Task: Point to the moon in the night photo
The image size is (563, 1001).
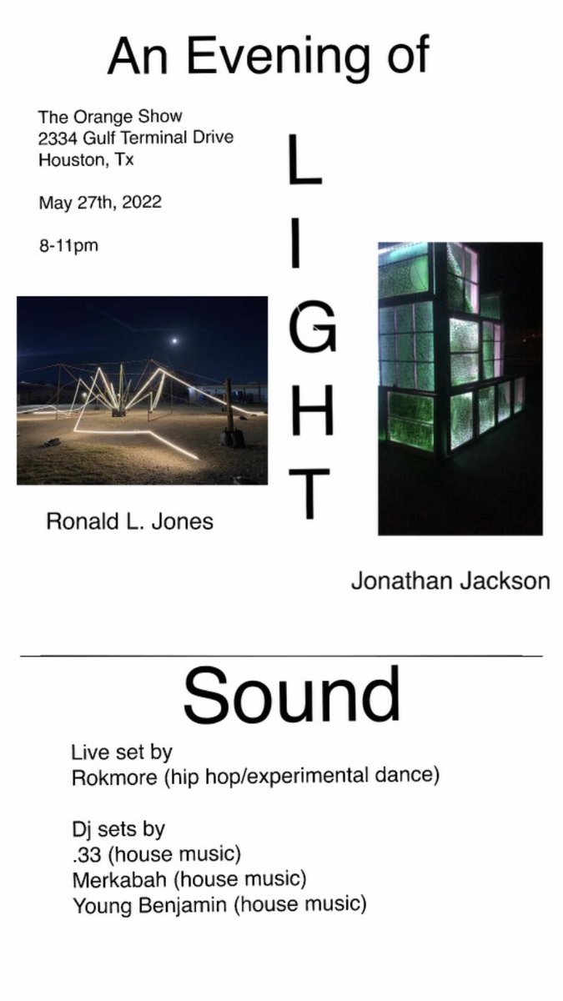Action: (174, 340)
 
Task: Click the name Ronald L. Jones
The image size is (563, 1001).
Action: (129, 522)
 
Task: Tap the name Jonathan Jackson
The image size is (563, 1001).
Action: (450, 581)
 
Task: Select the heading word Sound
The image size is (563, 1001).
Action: (291, 696)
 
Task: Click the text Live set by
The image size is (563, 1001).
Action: (121, 752)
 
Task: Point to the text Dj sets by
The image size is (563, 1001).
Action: (118, 830)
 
